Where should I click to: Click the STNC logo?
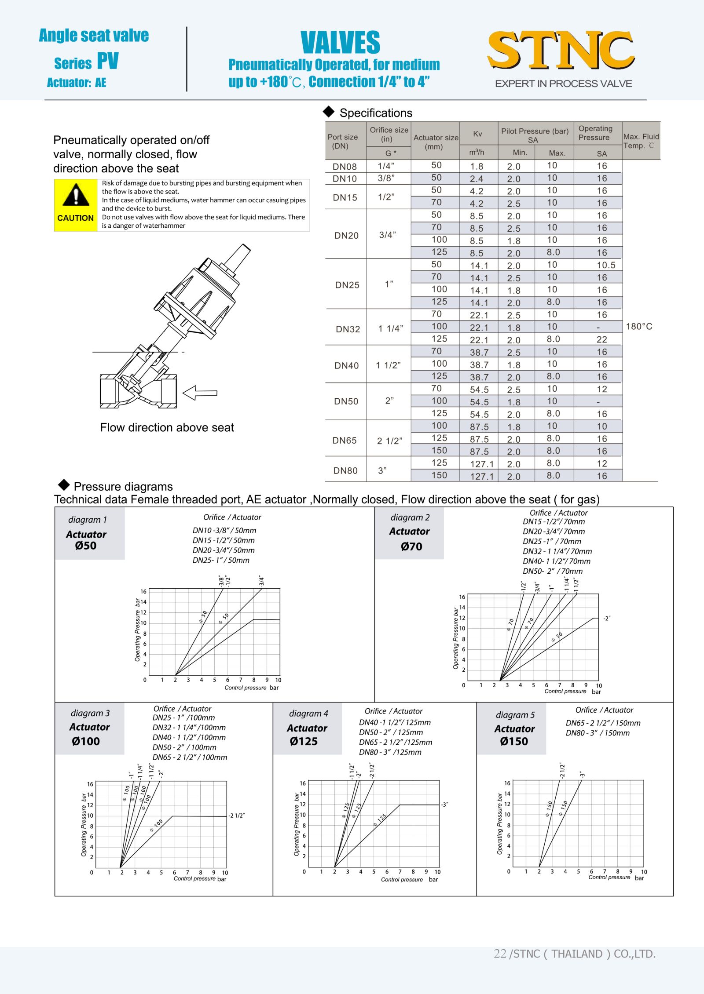(x=561, y=50)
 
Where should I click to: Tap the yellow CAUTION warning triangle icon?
(x=76, y=196)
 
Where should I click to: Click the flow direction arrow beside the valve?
(x=200, y=393)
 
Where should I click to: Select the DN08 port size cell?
(x=345, y=167)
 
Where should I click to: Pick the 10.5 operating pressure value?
(x=606, y=265)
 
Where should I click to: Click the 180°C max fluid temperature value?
(x=639, y=327)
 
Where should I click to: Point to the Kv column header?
(x=477, y=134)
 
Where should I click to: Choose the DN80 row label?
(x=345, y=470)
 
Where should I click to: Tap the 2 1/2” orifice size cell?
(x=389, y=441)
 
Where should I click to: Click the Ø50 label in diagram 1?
(x=86, y=546)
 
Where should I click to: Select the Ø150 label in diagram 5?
(x=514, y=741)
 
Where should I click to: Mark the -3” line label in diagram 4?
(x=444, y=805)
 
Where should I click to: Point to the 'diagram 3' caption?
(x=90, y=713)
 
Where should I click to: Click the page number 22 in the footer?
(x=500, y=954)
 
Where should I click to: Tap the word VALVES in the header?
(x=340, y=43)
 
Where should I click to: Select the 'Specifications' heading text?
(x=376, y=113)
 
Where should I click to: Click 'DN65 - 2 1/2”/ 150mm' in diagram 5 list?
(x=603, y=723)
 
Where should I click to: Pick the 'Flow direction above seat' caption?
(x=167, y=427)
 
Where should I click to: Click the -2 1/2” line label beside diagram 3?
(x=236, y=816)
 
